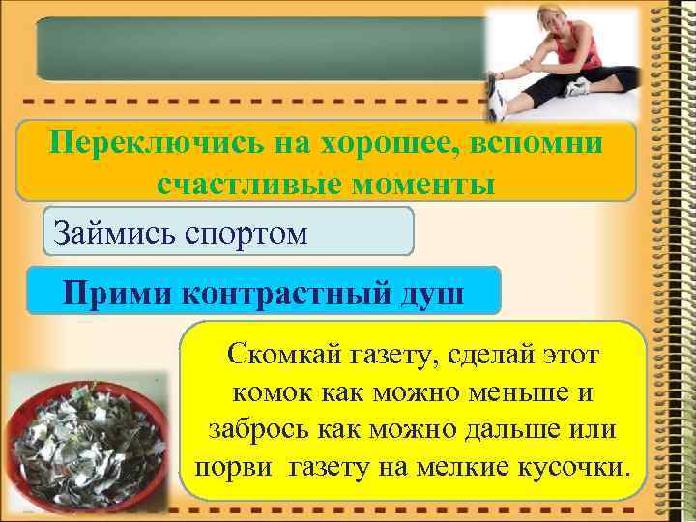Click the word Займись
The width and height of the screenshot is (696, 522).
click(x=102, y=232)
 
